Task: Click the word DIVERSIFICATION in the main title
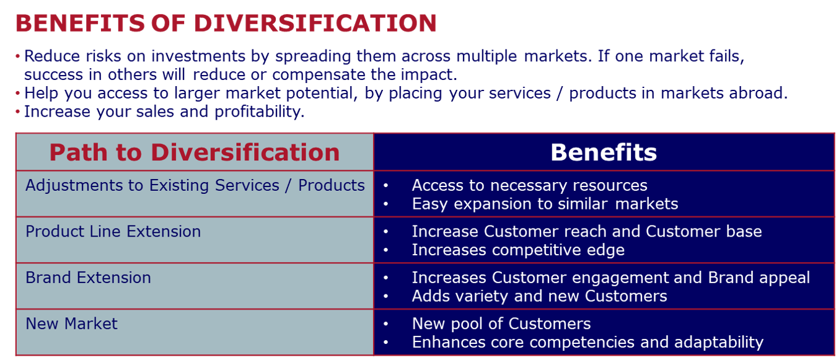point(315,23)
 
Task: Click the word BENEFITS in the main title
point(80,23)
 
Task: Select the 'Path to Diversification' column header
point(195,152)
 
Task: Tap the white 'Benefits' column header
point(604,152)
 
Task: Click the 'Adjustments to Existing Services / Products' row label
point(195,185)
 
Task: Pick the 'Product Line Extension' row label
point(113,232)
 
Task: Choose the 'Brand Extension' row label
point(88,278)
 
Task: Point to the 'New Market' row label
point(71,323)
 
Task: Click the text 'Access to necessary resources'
point(529,185)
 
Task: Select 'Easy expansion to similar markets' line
point(545,204)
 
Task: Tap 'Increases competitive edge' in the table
point(518,250)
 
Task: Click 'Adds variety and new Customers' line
point(539,296)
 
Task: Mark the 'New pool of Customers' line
point(501,323)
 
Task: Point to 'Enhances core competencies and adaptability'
point(587,342)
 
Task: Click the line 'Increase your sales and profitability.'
point(164,112)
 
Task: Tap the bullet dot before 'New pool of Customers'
point(386,324)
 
